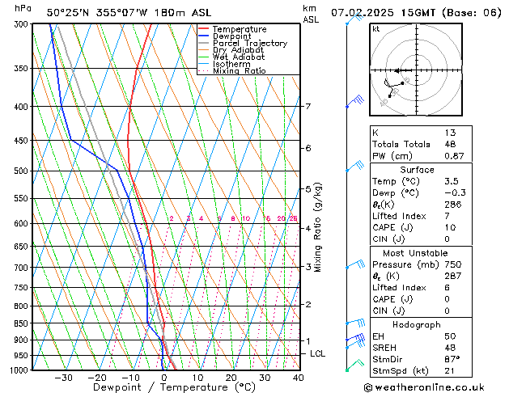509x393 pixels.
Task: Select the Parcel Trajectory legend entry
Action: click(x=249, y=44)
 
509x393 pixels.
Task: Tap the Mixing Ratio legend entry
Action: click(x=240, y=71)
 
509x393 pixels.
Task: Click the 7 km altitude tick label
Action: click(x=308, y=107)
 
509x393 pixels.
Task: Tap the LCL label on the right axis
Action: click(x=318, y=354)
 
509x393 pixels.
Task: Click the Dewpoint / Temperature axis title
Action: click(x=163, y=387)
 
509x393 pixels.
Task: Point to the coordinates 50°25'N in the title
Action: click(x=68, y=13)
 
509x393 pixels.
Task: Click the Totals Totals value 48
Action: click(x=450, y=144)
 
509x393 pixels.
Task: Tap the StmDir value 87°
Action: click(x=452, y=359)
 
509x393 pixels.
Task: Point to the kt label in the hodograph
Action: click(x=376, y=29)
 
